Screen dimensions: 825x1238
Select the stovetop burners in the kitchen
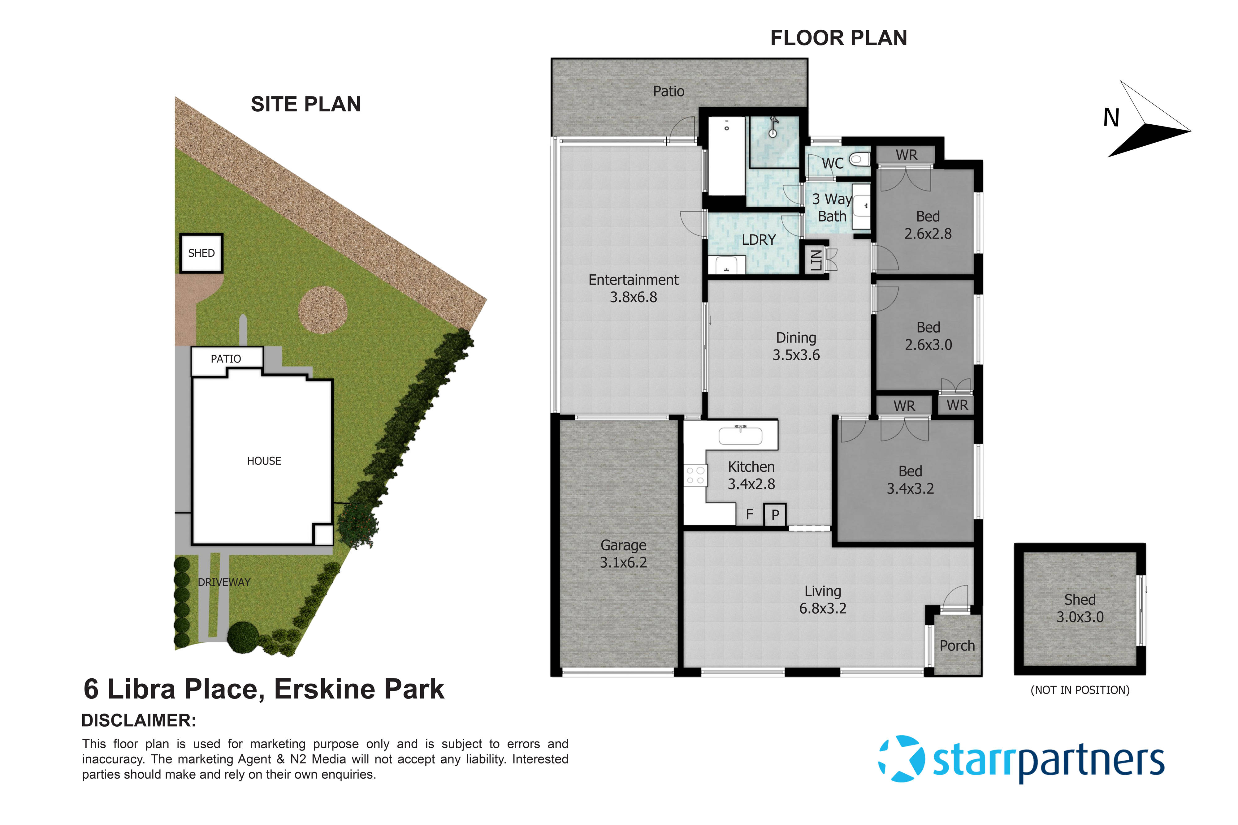point(695,475)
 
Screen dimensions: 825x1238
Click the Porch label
point(957,646)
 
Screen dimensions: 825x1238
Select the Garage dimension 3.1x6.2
point(623,562)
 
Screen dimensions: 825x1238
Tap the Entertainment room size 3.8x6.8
point(633,297)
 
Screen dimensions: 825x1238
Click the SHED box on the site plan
point(201,253)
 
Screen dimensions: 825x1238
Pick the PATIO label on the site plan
point(226,359)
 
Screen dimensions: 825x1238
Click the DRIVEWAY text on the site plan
point(224,582)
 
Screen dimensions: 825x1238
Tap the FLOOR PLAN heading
point(838,38)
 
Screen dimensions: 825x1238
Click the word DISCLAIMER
point(138,720)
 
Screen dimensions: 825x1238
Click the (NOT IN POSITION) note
point(1080,690)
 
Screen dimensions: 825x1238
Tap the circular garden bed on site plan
point(323,310)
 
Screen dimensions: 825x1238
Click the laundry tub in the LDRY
point(726,265)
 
